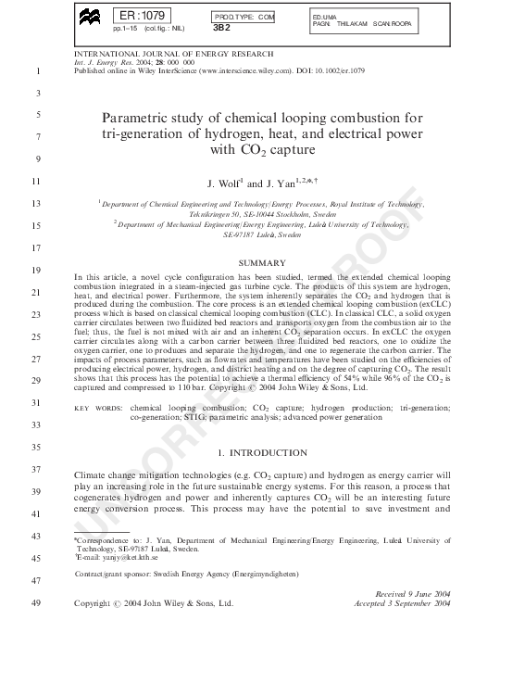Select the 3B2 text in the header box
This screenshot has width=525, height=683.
(x=221, y=28)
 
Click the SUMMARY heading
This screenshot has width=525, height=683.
(x=262, y=263)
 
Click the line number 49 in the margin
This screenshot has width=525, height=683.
(x=37, y=603)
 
